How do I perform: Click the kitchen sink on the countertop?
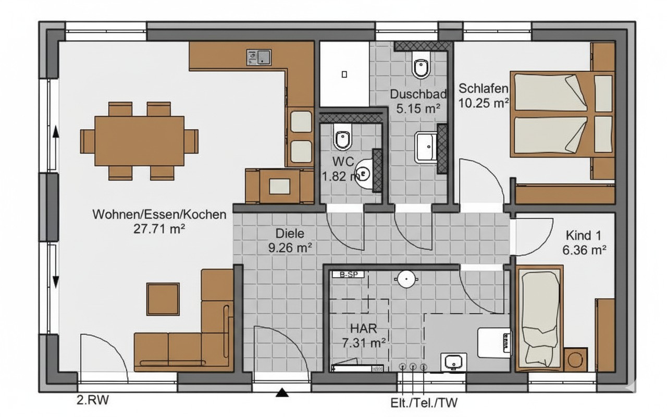259,57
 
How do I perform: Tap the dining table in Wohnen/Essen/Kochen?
139,141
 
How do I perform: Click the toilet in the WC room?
343,137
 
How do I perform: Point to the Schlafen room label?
483,89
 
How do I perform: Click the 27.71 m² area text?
159,229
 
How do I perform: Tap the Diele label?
290,234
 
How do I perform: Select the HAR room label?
364,328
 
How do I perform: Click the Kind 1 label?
584,236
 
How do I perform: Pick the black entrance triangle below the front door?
282,393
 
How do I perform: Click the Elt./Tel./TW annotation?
424,403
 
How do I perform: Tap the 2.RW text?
93,400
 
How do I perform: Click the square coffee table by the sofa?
163,299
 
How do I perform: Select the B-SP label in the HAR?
349,275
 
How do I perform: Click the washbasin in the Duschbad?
426,147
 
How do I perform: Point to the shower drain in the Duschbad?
344,75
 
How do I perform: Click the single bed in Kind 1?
539,318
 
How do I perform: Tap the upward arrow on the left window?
55,132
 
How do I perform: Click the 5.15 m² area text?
418,109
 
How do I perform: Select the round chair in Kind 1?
576,360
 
